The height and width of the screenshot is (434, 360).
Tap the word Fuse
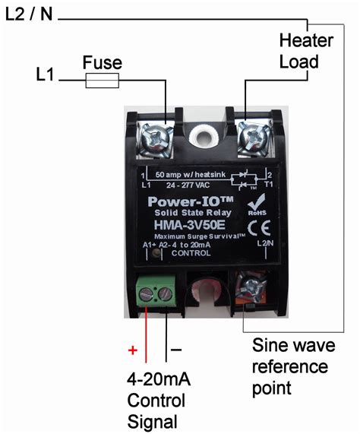(102, 62)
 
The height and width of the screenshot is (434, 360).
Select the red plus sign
(133, 351)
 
